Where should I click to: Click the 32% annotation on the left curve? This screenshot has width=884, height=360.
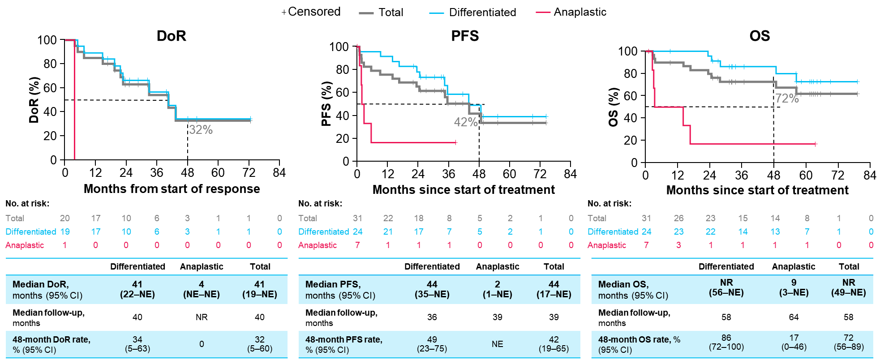201,130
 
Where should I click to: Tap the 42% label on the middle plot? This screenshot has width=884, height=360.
466,122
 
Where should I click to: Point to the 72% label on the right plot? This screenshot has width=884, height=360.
787,99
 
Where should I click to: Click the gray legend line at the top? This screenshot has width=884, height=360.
366,13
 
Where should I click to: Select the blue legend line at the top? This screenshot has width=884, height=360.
437,13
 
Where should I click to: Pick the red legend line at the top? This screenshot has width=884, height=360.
543,13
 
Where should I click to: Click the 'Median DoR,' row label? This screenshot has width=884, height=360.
41,284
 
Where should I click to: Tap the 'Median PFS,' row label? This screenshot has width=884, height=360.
333,284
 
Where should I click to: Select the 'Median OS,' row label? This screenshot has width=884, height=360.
623,284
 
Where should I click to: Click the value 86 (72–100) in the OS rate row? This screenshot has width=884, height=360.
726,343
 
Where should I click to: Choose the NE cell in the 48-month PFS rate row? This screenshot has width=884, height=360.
497,344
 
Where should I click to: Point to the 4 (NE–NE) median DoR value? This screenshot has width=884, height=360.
202,289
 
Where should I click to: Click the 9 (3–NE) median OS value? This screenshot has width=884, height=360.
794,287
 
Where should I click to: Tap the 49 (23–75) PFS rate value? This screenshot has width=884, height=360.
432,344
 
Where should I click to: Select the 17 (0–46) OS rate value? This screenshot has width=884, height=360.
794,343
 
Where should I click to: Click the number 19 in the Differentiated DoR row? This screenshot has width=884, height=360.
65,231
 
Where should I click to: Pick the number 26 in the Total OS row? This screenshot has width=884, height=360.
678,218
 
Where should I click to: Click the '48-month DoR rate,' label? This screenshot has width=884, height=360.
51,340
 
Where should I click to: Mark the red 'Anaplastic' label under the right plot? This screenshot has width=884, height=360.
607,245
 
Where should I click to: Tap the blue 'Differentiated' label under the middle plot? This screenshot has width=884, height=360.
324,231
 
